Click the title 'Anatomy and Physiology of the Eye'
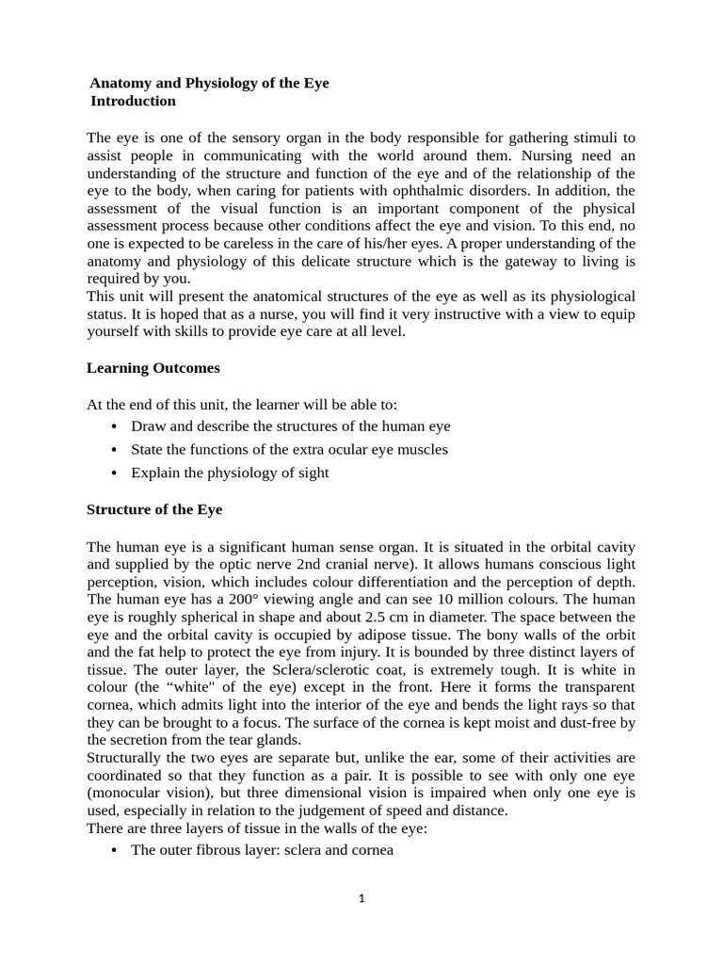pyautogui.click(x=209, y=83)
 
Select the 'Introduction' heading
pyautogui.click(x=133, y=101)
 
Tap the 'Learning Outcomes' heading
pyautogui.click(x=153, y=367)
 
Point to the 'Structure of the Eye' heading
pyautogui.click(x=154, y=509)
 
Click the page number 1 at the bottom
pyautogui.click(x=361, y=898)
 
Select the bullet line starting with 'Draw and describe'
pyautogui.click(x=290, y=426)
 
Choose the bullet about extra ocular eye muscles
pyautogui.click(x=289, y=449)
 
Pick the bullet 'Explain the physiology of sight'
pyautogui.click(x=230, y=473)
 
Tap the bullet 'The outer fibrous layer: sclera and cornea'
pyautogui.click(x=262, y=850)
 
